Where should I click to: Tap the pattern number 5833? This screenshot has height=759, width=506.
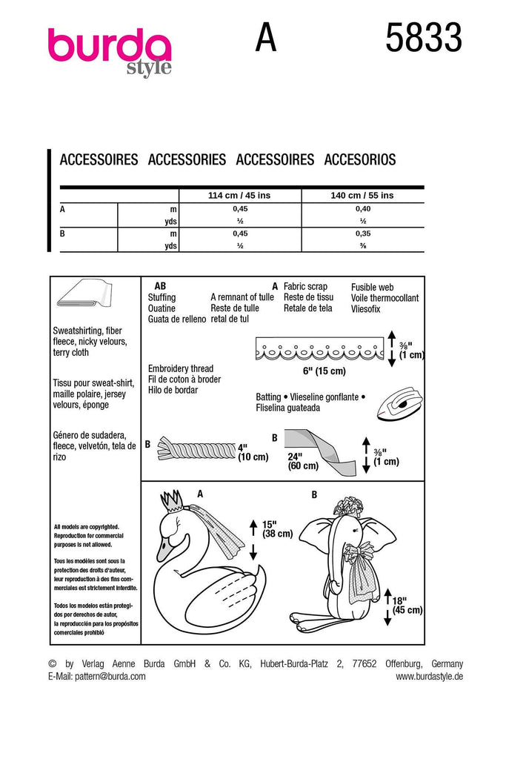(x=423, y=38)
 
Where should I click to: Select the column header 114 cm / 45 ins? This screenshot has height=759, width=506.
(x=241, y=196)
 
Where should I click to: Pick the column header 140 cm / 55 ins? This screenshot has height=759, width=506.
(x=362, y=196)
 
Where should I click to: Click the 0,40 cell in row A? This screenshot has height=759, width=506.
(x=362, y=210)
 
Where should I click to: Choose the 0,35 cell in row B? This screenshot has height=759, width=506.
(x=362, y=233)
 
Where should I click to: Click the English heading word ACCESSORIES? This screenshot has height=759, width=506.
(x=187, y=159)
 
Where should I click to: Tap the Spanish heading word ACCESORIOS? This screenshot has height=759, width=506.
(x=360, y=159)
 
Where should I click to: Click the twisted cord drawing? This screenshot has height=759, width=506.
(x=194, y=448)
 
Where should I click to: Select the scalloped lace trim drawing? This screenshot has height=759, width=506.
(x=318, y=348)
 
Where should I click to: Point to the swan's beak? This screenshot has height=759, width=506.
(x=162, y=553)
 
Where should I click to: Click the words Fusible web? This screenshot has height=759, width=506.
(x=372, y=287)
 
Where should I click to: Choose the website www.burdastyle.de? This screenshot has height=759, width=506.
(x=429, y=676)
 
